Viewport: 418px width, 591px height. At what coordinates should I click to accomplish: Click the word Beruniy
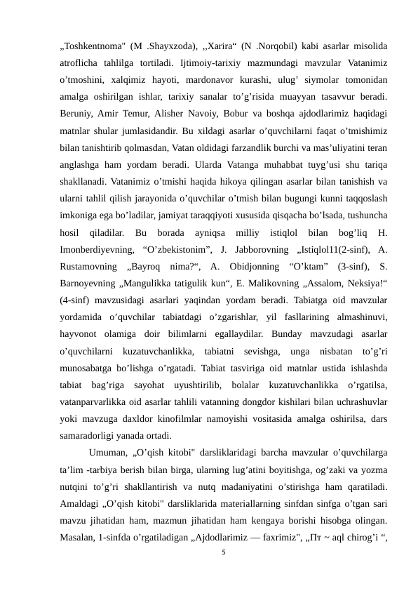click(x=76, y=112)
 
